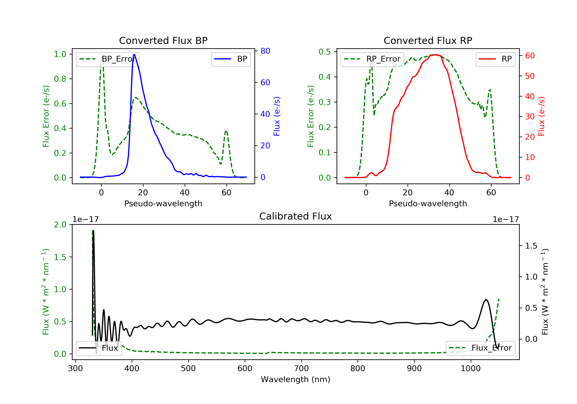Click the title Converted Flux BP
tap(163, 40)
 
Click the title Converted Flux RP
tap(428, 40)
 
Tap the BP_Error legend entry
tap(108, 59)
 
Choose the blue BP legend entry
tap(231, 59)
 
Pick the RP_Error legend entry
tap(372, 59)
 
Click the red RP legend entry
tap(495, 59)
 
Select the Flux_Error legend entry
tap(480, 348)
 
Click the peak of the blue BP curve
tap(134, 55)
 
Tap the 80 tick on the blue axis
tap(265, 51)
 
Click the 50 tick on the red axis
tap(530, 76)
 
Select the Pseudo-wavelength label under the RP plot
tap(428, 203)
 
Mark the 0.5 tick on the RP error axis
tap(324, 52)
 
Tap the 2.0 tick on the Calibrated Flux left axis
tap(60, 225)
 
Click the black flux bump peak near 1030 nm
tap(486, 300)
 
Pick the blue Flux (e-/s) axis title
tap(277, 116)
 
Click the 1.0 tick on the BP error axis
tap(60, 54)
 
